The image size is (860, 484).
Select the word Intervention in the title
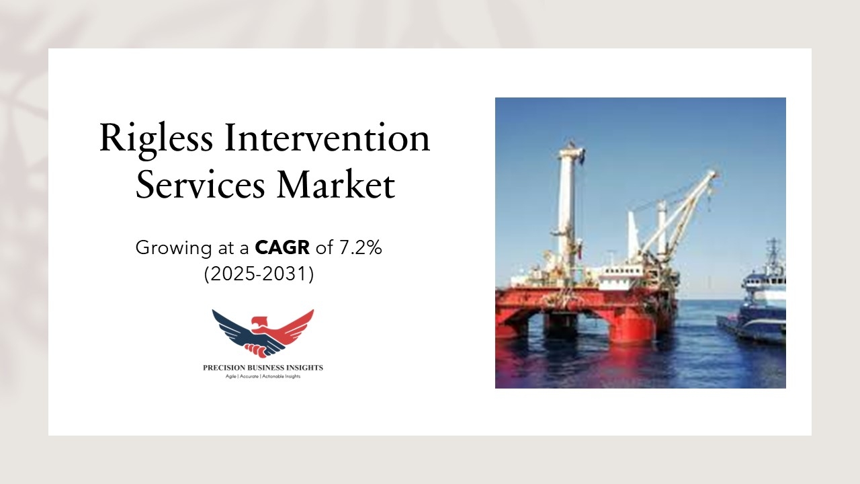pyautogui.click(x=327, y=138)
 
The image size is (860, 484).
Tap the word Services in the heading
pyautogui.click(x=200, y=185)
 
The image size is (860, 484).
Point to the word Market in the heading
pyautogui.click(x=335, y=184)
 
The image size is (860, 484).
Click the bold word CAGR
pyautogui.click(x=282, y=247)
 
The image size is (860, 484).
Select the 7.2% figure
pyautogui.click(x=360, y=247)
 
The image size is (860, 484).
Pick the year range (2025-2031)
pyautogui.click(x=259, y=274)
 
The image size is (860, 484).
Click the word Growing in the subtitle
pyautogui.click(x=173, y=248)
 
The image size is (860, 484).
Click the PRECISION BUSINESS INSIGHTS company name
pyautogui.click(x=263, y=368)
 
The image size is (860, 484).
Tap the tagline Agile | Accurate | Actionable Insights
pyautogui.click(x=263, y=376)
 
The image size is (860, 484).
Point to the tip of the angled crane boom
pyautogui.click(x=715, y=173)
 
